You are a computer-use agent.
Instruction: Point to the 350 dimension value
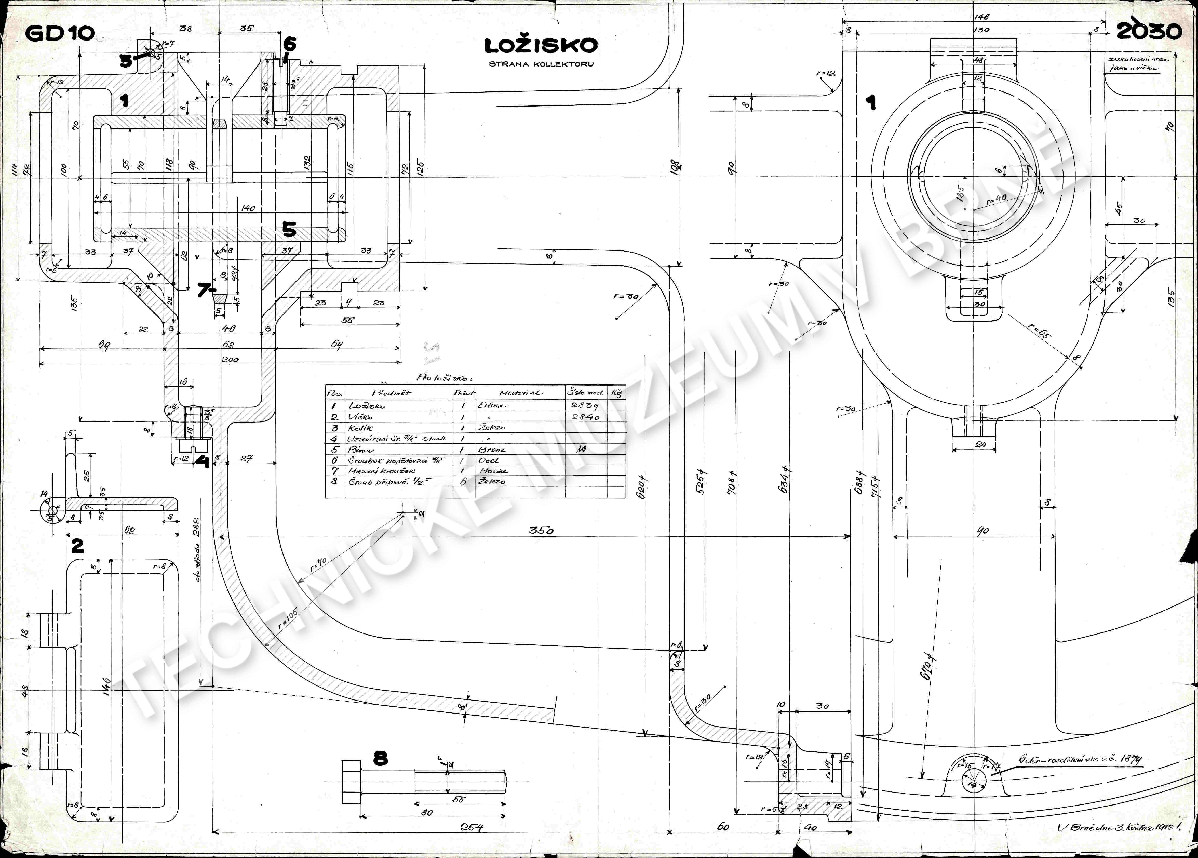(x=541, y=531)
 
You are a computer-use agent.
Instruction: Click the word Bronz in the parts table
(x=492, y=450)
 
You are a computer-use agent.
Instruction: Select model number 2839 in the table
(x=585, y=405)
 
